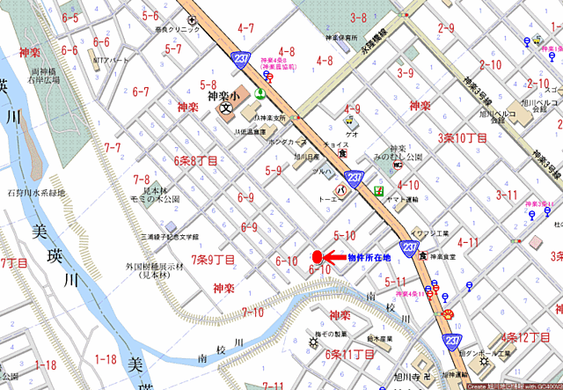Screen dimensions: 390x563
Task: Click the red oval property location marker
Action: [317, 257]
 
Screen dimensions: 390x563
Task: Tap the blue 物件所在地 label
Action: [369, 258]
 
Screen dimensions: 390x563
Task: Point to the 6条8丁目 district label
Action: [195, 161]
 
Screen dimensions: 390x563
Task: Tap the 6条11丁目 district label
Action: [349, 354]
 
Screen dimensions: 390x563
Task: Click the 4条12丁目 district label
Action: [525, 337]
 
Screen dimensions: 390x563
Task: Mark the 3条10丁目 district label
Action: [463, 137]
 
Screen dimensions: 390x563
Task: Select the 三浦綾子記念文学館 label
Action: [170, 237]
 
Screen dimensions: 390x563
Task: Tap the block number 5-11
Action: [396, 282]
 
